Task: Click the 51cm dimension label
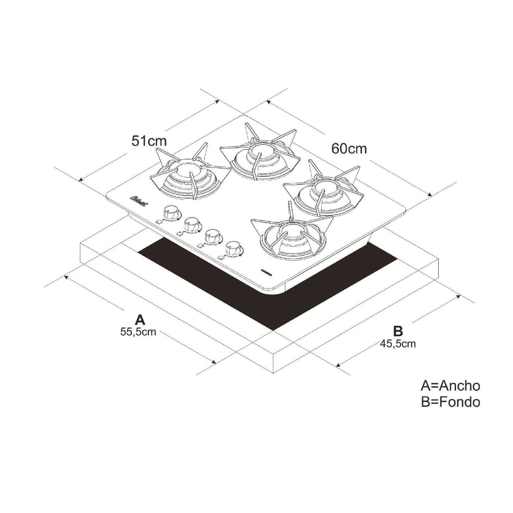(149, 141)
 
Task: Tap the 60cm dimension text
(349, 148)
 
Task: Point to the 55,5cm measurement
(138, 332)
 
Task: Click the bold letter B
(398, 331)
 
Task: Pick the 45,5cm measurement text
(398, 344)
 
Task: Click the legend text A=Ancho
(450, 386)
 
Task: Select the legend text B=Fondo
(450, 402)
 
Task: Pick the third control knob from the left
(212, 236)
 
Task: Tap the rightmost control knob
(233, 248)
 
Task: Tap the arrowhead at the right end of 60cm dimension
(430, 195)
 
